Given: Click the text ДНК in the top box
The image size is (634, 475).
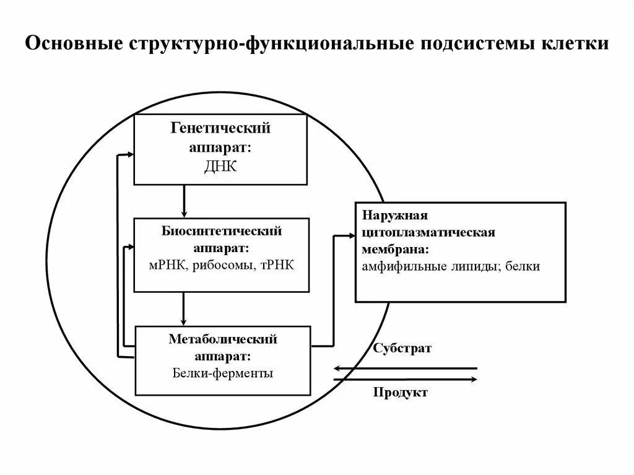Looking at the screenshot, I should [x=220, y=167].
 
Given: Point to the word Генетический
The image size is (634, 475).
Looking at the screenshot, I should [x=221, y=129].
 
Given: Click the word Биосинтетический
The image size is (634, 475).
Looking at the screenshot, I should [x=222, y=231].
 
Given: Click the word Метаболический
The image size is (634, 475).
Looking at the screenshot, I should [x=222, y=339].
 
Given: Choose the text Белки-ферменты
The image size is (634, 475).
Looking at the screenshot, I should [x=222, y=373].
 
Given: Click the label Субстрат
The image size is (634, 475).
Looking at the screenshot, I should [x=402, y=349].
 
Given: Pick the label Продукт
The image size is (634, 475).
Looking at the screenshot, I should [x=400, y=393].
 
